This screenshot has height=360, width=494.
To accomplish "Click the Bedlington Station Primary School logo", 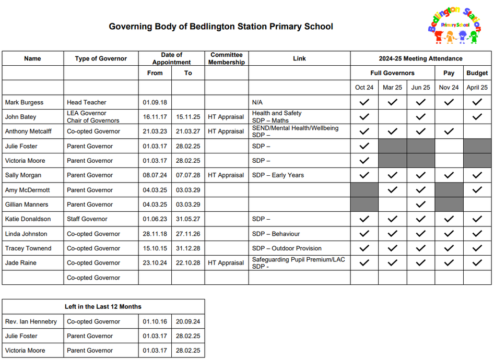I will pos(454,26).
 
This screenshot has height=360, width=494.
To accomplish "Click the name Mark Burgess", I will pos(24,102).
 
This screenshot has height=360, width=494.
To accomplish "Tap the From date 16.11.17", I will pos(155,117).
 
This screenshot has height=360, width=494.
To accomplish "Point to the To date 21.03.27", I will pos(188,131).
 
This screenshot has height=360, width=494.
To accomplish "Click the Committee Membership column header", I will pos(227,58).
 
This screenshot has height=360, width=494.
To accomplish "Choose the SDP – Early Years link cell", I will pos(278,175).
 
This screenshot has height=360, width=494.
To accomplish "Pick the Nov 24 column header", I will pos(449,88).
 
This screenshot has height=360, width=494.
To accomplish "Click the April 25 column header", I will pos(477,88).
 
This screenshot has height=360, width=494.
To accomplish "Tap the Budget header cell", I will pos(477,73).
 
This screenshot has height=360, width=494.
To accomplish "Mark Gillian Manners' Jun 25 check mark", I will pos(420,205).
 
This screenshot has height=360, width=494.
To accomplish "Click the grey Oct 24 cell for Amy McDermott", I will pos(364,190).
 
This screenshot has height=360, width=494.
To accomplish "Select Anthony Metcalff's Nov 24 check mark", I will pos(449,131).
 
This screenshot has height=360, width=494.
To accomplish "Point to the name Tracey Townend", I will pos(28,248).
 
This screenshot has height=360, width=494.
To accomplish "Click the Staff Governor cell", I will pos(87,219).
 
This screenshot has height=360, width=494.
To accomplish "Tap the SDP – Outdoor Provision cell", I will pos(287,248).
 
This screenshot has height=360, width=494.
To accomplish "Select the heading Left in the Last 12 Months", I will pos(103,306).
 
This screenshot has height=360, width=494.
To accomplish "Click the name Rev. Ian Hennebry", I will pos(31,321).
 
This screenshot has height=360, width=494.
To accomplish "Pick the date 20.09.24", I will pos(188,321).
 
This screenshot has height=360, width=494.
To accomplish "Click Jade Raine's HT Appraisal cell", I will pos(226,263).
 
